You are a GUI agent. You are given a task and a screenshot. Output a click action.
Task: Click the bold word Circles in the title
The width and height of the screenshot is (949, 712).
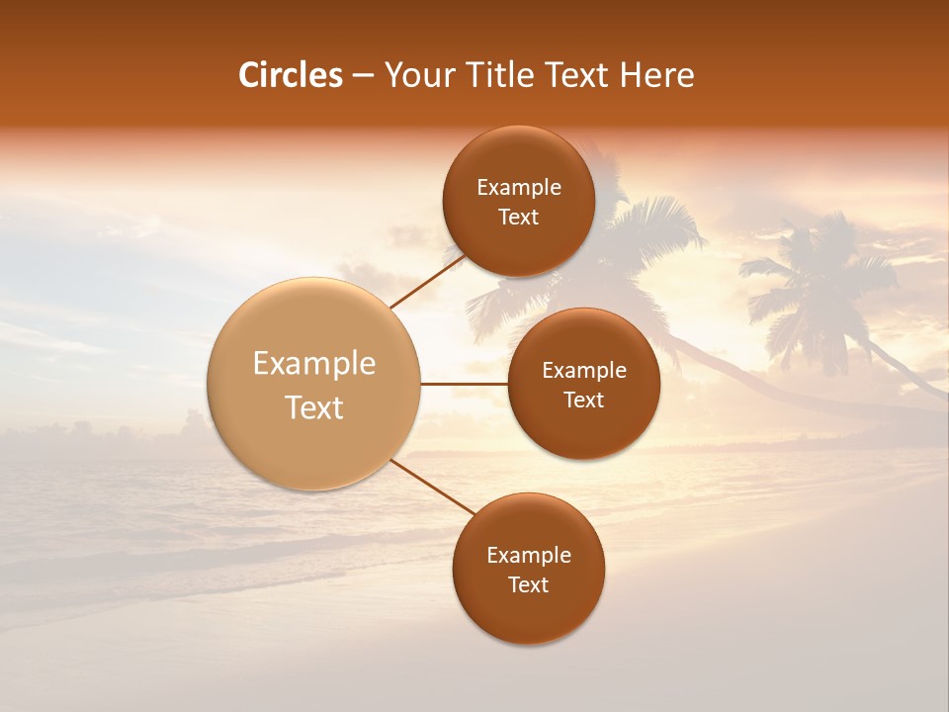pos(290,75)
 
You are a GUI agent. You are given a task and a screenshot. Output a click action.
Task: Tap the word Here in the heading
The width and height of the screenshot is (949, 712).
pos(656,75)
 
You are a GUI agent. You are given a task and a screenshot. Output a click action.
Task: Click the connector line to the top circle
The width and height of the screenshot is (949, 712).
pos(427,283)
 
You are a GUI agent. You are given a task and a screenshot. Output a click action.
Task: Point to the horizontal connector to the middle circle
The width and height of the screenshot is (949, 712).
pos(464,384)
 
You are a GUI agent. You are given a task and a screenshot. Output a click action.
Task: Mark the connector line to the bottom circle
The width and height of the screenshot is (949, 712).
pos(430,489)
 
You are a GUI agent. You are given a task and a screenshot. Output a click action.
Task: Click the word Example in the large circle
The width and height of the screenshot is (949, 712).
pos(314,364)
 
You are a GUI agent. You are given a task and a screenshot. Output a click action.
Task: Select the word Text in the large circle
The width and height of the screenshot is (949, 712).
pos(314,407)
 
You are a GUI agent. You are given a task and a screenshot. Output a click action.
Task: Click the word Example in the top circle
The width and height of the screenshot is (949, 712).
pos(518,188)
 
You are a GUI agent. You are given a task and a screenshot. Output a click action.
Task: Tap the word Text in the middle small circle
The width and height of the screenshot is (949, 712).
pos(583,400)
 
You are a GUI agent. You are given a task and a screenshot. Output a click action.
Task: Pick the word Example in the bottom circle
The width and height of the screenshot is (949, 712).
pos(528,556)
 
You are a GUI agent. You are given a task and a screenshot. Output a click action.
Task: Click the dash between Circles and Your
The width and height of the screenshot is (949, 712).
pos(363,76)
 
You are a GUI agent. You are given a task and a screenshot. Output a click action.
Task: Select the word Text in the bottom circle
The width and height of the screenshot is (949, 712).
pos(528,585)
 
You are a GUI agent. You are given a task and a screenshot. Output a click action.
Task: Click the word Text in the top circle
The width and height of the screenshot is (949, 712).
pos(518,218)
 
